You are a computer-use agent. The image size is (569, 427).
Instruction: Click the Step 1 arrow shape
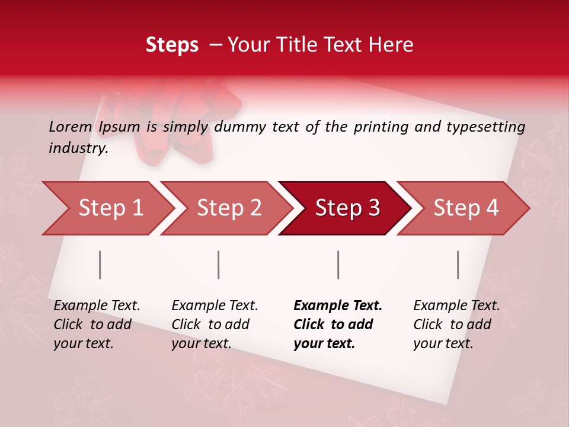click(107, 208)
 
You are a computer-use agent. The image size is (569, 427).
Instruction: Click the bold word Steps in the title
click(172, 44)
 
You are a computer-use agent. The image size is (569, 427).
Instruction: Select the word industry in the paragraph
click(78, 148)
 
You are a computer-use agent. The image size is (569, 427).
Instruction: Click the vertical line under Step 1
click(100, 265)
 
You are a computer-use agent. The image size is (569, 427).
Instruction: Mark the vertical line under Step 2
click(219, 265)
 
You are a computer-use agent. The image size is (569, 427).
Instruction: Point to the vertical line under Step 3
click(338, 265)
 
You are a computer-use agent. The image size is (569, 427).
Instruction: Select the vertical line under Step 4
click(458, 265)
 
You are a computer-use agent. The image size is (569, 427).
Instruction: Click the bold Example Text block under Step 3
click(338, 324)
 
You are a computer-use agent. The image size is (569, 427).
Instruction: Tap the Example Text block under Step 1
click(97, 324)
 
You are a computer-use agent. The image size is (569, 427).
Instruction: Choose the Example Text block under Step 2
click(215, 324)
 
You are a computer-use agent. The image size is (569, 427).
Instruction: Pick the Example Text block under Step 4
click(456, 324)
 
